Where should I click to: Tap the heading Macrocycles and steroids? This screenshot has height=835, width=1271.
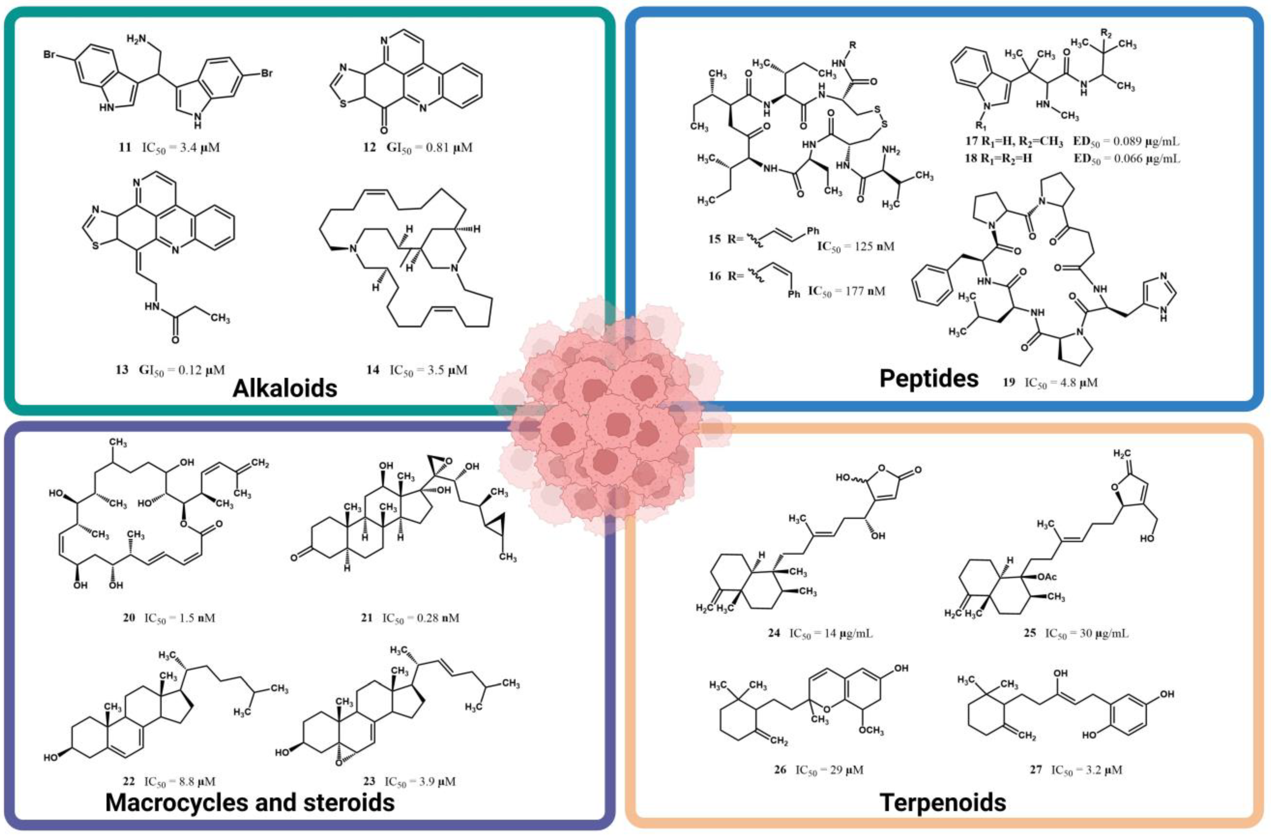[x=250, y=802]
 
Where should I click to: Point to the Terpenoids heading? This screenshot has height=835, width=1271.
[x=943, y=802]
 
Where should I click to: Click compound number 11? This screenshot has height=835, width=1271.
[x=124, y=147]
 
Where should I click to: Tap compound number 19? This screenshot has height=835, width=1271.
[x=1008, y=382]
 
